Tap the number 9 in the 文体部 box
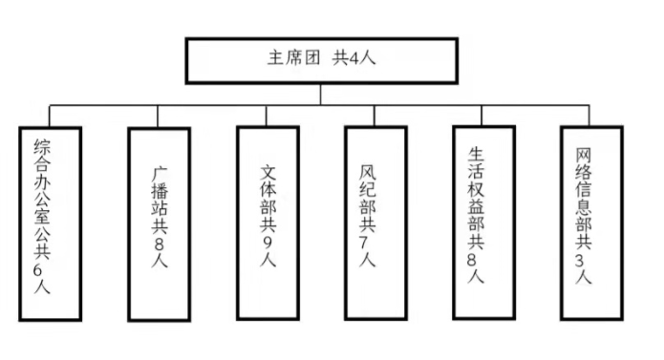click(x=268, y=243)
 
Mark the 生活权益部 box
click(x=483, y=220)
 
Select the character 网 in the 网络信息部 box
click(x=584, y=153)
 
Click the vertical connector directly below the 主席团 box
click(x=320, y=93)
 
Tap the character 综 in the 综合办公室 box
click(x=43, y=145)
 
